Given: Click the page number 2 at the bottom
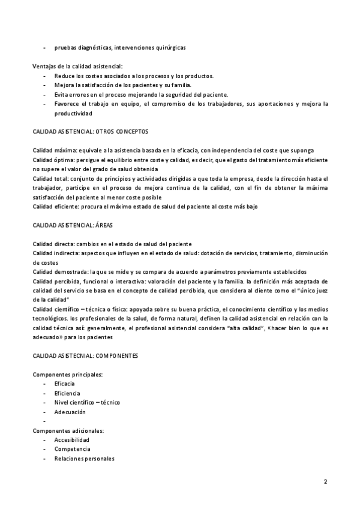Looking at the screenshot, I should [325, 481].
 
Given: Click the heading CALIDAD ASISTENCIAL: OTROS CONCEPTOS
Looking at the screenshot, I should [90, 131].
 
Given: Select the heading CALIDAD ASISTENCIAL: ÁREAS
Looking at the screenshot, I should [73, 225].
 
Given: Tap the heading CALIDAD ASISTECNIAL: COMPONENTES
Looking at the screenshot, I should [85, 356].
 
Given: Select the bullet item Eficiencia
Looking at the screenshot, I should [67, 393].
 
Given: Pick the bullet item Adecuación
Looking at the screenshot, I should [70, 412].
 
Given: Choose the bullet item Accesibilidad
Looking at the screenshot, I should [72, 440].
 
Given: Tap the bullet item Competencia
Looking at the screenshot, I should [72, 449].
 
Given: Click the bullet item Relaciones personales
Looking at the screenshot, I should [84, 459].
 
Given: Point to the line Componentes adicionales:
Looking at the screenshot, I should [68, 430].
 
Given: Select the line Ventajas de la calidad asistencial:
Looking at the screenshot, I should [77, 66].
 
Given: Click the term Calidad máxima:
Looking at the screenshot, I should [56, 149].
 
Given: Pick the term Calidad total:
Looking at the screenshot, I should [52, 178].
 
